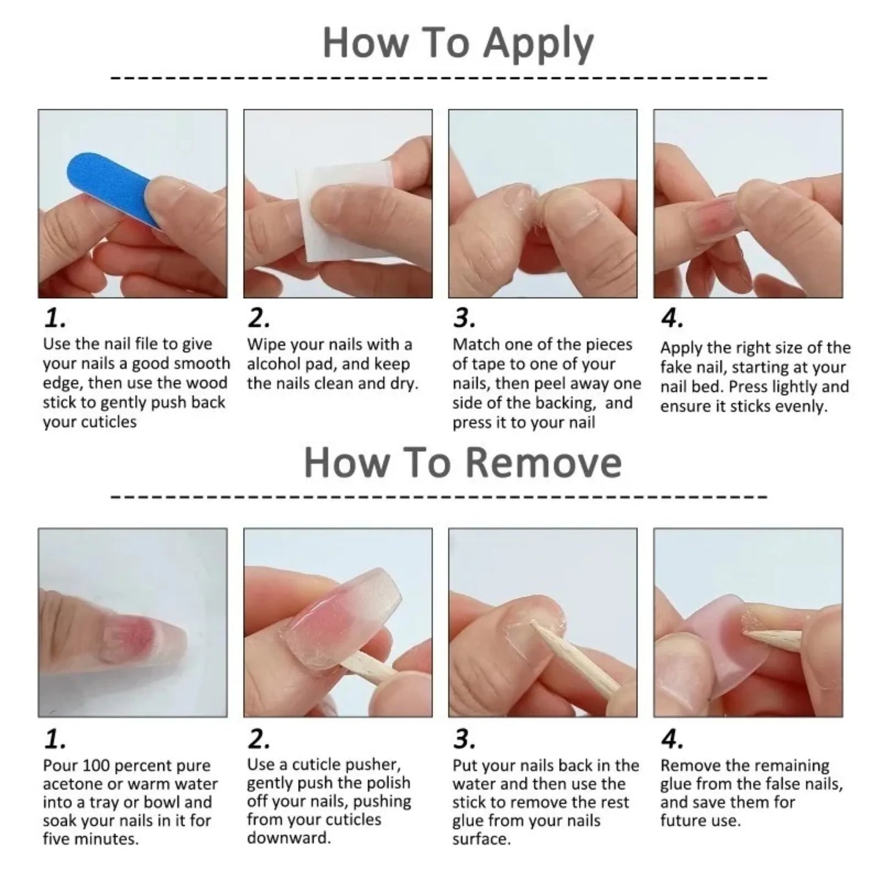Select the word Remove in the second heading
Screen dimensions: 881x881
click(544, 463)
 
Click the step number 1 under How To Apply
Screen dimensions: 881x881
click(55, 318)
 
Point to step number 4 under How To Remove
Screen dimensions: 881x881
click(672, 740)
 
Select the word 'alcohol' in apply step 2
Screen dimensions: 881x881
click(275, 365)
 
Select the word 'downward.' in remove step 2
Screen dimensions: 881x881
click(288, 838)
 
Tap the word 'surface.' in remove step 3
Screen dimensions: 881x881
click(481, 839)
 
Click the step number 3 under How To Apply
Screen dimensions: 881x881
click(464, 318)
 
